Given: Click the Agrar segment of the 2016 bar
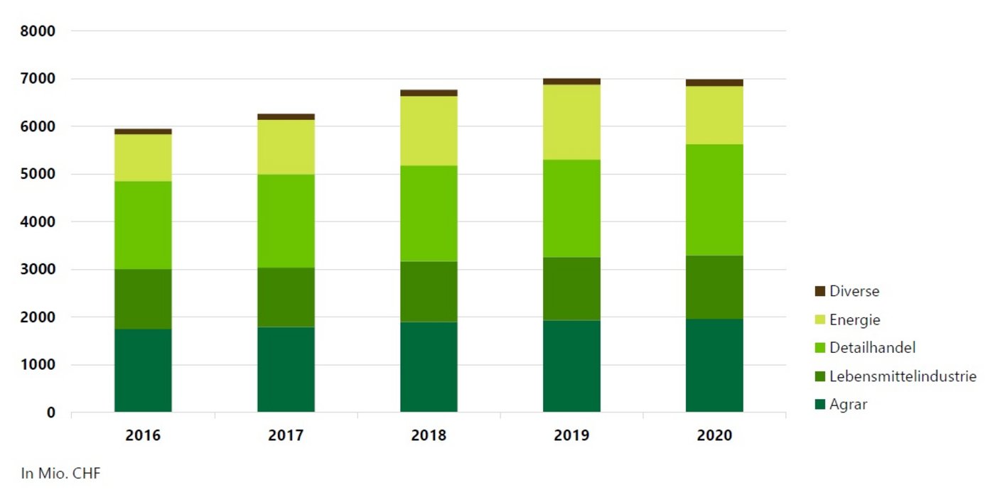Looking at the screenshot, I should coord(143,370).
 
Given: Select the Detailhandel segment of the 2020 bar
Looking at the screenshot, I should coord(714,199).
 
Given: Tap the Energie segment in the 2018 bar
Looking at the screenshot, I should coord(429,131).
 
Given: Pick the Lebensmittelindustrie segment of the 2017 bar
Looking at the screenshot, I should coord(286,297).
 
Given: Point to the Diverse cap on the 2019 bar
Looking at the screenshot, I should coord(571,82).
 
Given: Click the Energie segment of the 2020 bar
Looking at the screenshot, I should coord(714,115).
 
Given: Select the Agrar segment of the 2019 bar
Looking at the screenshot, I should coord(571,366).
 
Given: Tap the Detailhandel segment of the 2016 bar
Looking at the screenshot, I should coord(143,225).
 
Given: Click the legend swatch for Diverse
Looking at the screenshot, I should coord(820,291).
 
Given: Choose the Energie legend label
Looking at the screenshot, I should coord(854,319).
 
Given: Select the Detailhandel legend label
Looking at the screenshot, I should coord(872,348).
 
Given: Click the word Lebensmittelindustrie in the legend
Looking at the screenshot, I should coord(903,376).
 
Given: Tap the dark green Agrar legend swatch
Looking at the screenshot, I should coord(820,405).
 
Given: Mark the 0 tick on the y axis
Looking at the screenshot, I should coord(51,412).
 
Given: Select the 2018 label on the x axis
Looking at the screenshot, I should coord(429,435).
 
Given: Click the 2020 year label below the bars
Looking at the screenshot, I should coord(714,435).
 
